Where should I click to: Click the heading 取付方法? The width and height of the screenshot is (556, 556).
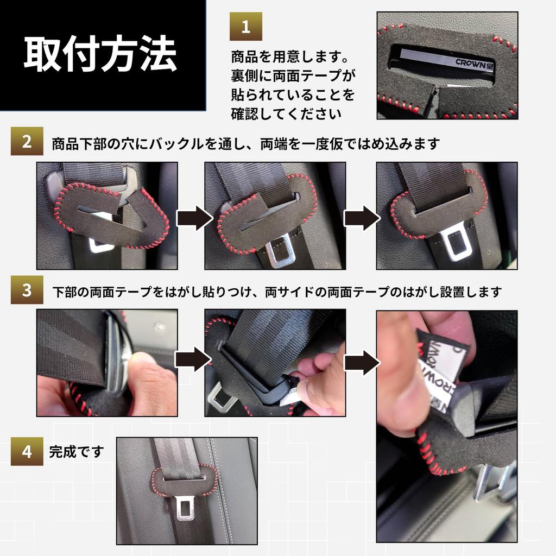(x=100, y=54)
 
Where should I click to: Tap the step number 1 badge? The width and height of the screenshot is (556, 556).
(x=245, y=27)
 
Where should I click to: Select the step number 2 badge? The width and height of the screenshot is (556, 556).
(x=27, y=142)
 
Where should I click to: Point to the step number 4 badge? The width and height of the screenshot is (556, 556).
(x=27, y=452)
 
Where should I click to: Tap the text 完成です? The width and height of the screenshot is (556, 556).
(x=76, y=452)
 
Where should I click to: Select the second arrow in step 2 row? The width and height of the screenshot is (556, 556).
(x=361, y=218)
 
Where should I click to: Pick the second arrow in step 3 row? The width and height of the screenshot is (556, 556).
(x=361, y=361)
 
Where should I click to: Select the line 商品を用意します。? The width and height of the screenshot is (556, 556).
(x=289, y=56)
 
